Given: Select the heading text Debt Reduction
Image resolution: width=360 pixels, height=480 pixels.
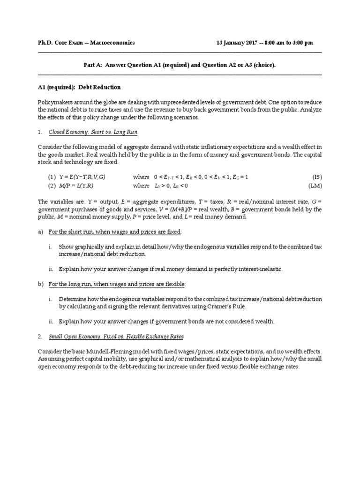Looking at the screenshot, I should coord(103,87).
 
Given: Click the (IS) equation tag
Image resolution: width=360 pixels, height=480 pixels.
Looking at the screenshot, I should coord(317,177).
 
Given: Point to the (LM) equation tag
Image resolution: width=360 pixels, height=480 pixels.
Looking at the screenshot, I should coord(316,186).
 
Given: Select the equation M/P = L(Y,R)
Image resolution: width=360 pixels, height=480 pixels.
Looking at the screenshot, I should coord(76,186).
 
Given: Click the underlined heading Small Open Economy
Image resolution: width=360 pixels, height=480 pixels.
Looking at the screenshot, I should coord(73,337).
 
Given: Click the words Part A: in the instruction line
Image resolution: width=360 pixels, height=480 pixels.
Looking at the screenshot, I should coord(88,65).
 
